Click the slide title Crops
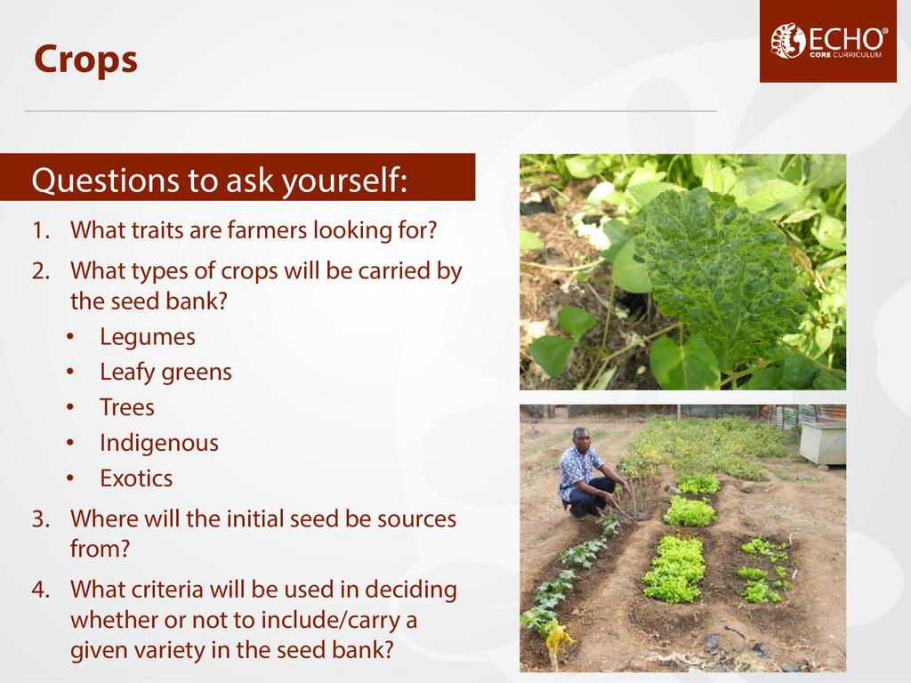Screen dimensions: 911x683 pyautogui.click(x=85, y=60)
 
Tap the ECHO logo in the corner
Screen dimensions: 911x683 pyautogui.click(x=828, y=41)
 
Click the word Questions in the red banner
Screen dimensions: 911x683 pyautogui.click(x=105, y=180)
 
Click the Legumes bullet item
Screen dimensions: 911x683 pyautogui.click(x=148, y=337)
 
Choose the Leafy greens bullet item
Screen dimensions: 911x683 pyautogui.click(x=165, y=373)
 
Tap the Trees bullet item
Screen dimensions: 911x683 pyautogui.click(x=126, y=407)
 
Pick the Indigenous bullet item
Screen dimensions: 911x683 pyautogui.click(x=159, y=443)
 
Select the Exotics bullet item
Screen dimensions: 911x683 pyautogui.click(x=136, y=478)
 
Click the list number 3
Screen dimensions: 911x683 pyautogui.click(x=41, y=519)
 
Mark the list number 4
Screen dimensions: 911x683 pyautogui.click(x=41, y=590)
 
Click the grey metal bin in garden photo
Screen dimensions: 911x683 pyautogui.click(x=822, y=443)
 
